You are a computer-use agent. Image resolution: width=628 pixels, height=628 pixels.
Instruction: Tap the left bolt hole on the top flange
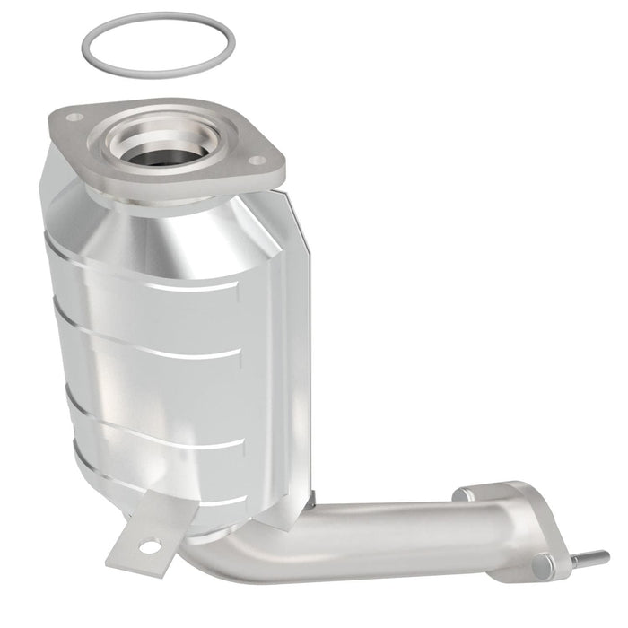[74, 118]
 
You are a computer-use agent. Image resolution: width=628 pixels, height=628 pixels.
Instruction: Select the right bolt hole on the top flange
[257, 161]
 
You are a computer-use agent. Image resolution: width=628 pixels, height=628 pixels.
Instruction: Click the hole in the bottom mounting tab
[152, 544]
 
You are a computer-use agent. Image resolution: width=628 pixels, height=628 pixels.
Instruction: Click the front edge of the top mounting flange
[179, 184]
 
